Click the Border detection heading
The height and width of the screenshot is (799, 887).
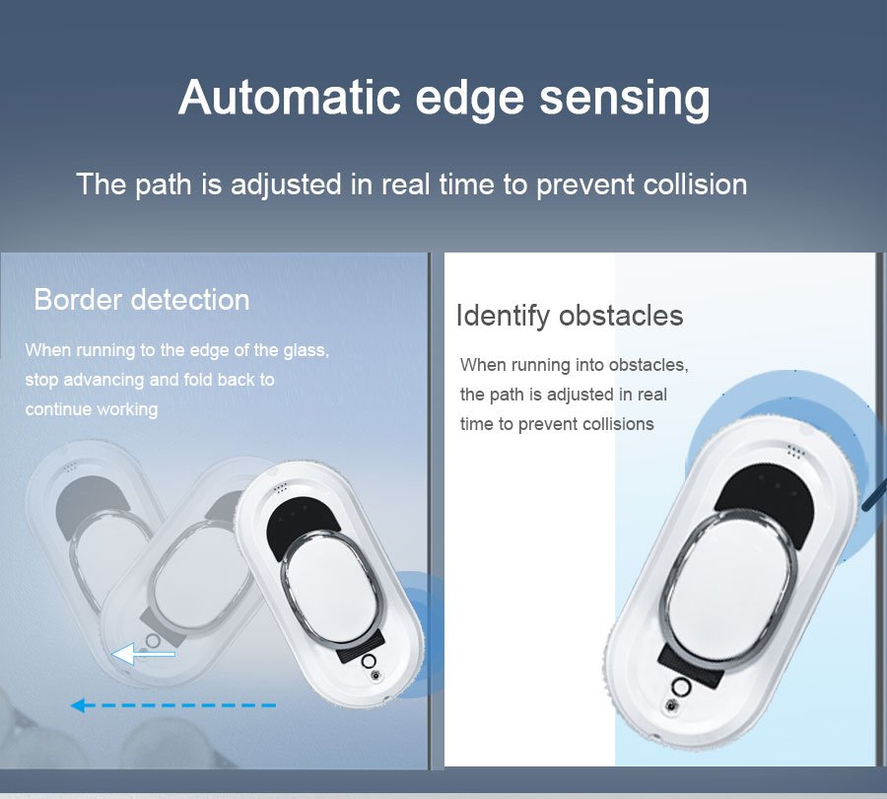(142, 300)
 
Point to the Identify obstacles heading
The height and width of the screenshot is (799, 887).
(569, 316)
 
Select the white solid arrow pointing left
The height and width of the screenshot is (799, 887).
(142, 654)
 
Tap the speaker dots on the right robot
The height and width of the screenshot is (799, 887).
(796, 450)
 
